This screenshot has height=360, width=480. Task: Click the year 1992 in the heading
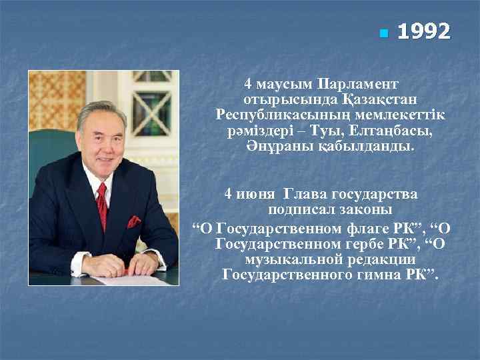[x=423, y=31]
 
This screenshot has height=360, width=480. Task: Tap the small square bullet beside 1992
[x=382, y=33]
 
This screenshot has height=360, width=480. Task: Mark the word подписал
[x=301, y=209]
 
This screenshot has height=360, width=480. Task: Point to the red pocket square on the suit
[x=134, y=222]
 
